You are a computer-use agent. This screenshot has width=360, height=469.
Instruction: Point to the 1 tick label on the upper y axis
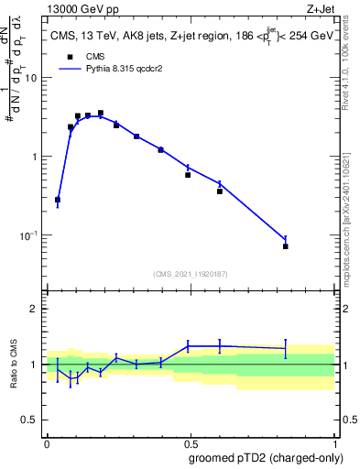click(35, 157)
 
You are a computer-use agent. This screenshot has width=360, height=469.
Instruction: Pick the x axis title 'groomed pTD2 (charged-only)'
click(266, 457)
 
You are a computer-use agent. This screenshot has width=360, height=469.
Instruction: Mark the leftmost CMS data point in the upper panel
click(58, 200)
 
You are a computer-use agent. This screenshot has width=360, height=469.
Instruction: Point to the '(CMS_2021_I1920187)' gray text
click(191, 273)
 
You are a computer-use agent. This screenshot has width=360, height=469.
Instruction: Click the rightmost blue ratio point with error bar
click(286, 348)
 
